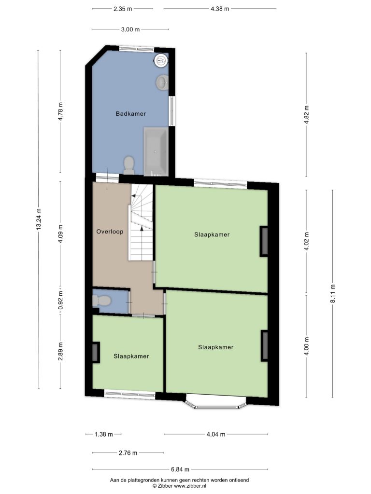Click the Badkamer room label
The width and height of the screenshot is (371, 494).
click(x=130, y=114)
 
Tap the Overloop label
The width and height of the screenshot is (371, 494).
click(x=110, y=232)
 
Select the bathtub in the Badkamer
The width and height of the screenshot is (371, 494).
click(x=156, y=152)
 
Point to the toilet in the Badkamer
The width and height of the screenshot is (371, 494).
click(x=129, y=165)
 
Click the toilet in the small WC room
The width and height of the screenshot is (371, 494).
click(x=101, y=301)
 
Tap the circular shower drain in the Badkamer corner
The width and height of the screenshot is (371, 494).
click(x=161, y=60)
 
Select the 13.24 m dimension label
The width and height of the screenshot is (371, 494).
click(x=39, y=219)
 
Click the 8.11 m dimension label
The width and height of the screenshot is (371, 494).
click(x=332, y=293)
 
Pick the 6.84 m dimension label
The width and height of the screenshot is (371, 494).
click(x=180, y=469)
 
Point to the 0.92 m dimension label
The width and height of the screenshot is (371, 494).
click(x=60, y=300)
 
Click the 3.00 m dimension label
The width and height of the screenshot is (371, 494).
click(x=130, y=29)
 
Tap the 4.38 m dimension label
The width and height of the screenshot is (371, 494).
click(x=220, y=9)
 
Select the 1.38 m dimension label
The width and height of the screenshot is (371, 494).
click(x=104, y=435)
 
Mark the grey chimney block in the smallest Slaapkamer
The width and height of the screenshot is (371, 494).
click(x=95, y=352)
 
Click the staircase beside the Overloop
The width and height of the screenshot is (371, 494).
click(x=141, y=222)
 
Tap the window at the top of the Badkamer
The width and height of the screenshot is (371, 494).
click(x=137, y=49)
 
